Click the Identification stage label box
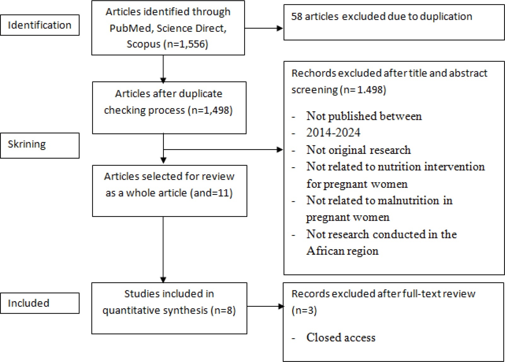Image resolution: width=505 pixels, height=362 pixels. pos(40,25)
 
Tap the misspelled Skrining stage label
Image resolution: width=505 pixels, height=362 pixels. pos(27,144)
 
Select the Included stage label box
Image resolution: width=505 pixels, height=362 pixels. pos(40,303)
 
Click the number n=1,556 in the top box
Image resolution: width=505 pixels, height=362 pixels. pos(186,44)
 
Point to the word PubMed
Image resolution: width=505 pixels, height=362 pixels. pos(132,28)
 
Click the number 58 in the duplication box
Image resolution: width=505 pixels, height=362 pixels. pos(296,16)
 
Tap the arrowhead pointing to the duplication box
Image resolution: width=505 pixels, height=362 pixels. pos(280,28)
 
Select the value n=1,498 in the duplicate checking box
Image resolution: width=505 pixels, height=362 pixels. pos(210,110)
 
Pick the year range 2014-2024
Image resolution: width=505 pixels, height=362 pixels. pos(333,132)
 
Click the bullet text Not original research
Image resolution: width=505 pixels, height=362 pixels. pos(359,150)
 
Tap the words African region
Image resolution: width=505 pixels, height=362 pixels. pos(342,251)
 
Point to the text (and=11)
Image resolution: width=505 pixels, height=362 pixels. pos(211,193)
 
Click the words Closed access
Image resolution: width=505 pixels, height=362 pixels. pos(341,337)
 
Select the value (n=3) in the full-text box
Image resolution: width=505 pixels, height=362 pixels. pos(304,311)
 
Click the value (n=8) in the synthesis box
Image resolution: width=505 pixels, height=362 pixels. pos(223,311)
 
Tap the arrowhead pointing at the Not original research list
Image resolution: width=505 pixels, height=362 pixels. pos(280,149)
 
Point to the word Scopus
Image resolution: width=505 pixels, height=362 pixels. pos(143,44)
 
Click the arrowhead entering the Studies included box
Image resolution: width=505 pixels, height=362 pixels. pos(163,280)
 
